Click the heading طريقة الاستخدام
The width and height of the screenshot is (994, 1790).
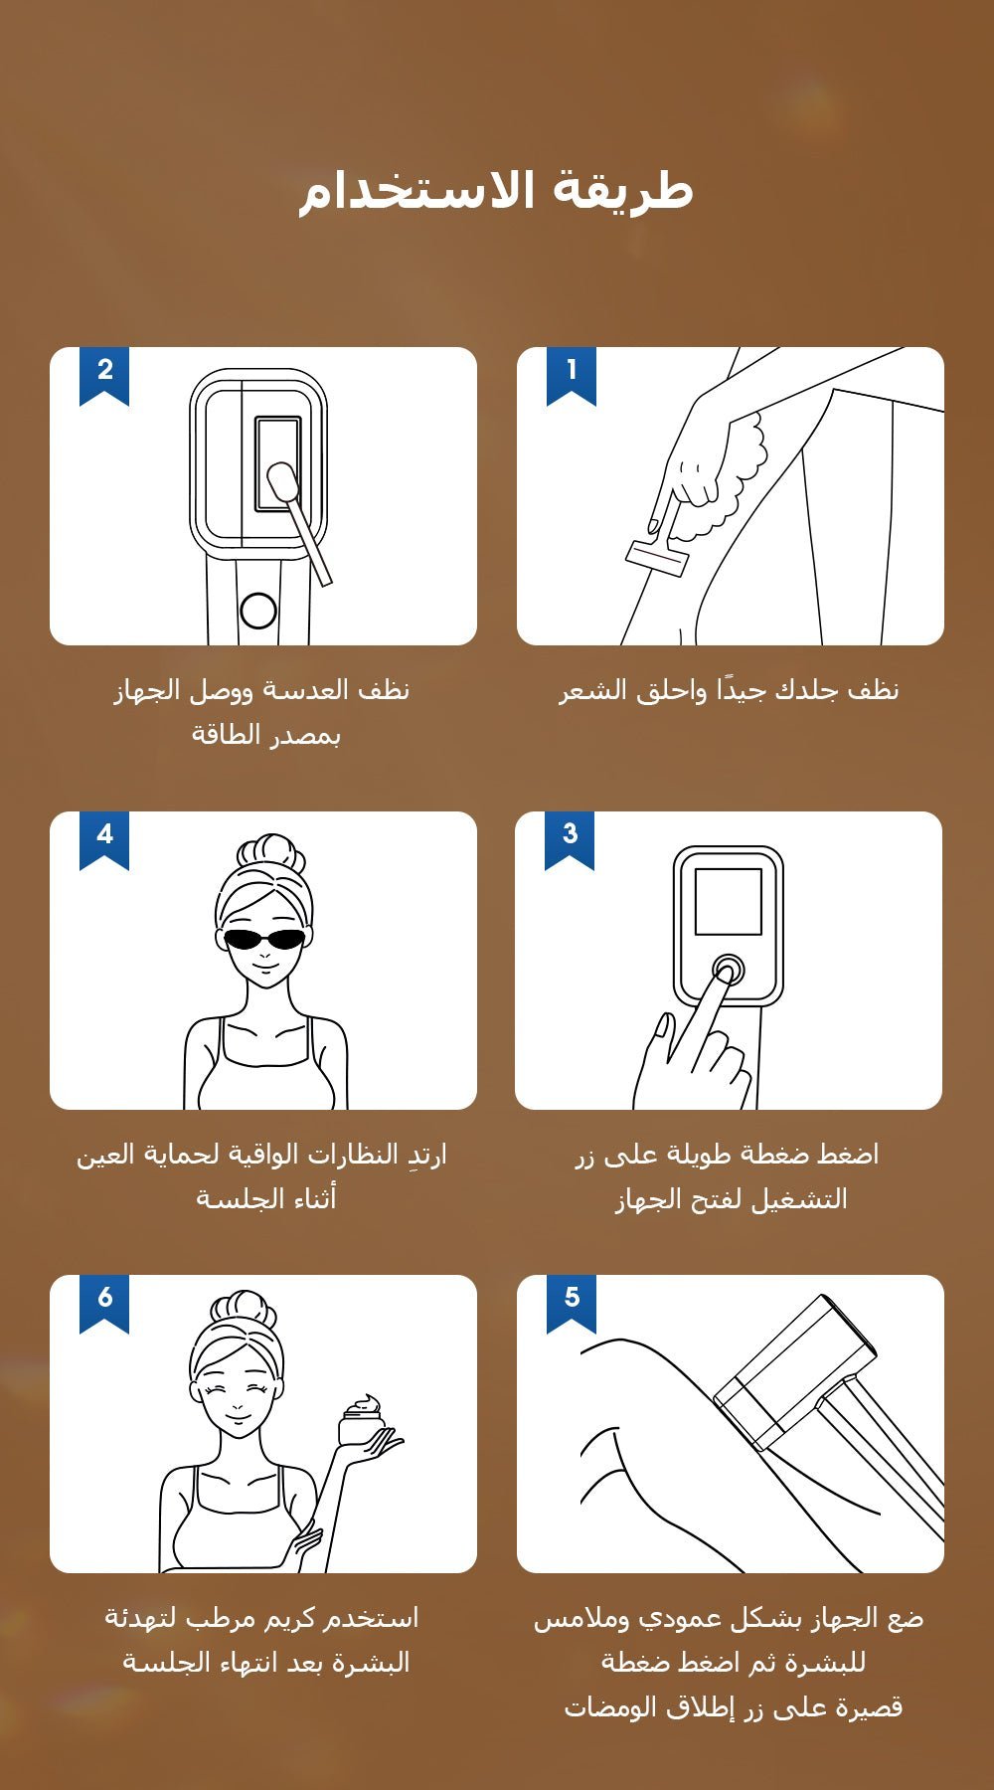pos(496,190)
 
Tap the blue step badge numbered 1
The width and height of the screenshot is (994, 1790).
pos(572,375)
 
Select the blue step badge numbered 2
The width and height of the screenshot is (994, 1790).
pos(104,375)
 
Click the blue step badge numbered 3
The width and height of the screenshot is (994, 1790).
pos(570,839)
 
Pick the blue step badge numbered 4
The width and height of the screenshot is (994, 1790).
pos(104,839)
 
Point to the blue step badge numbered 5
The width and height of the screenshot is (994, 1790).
pos(572,1303)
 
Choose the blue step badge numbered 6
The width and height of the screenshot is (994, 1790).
pos(104,1303)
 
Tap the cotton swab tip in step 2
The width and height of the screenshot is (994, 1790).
pos(282,485)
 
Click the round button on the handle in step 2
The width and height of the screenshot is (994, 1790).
pos(258,610)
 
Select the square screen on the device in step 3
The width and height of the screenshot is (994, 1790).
pos(729,901)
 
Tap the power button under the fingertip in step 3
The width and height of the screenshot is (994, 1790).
pos(728,970)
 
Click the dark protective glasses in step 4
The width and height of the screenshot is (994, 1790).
pos(263,939)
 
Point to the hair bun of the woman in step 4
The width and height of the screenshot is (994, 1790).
pos(270,852)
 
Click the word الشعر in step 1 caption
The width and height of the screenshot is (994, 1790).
pos(591,689)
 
